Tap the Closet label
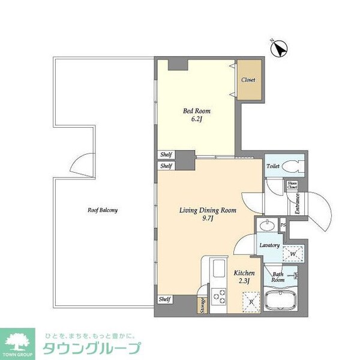tap(248, 80)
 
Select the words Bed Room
tap(197, 111)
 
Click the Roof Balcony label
tap(102, 211)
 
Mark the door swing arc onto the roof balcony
tap(83, 163)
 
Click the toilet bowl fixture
tap(295, 167)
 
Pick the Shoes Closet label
tap(292, 186)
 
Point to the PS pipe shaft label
tap(283, 225)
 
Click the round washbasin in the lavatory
tap(268, 226)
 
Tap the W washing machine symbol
tap(292, 254)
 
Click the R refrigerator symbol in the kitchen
tap(250, 300)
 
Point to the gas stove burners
tap(219, 296)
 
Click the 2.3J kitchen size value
tap(245, 283)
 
